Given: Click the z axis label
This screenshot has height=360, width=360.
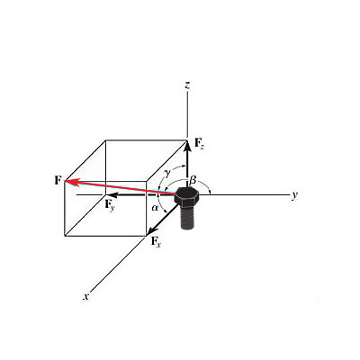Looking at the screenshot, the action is pyautogui.click(x=187, y=85).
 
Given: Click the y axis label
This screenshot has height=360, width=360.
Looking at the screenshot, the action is pyautogui.click(x=295, y=195).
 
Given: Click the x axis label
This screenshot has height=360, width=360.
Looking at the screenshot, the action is pyautogui.click(x=86, y=297).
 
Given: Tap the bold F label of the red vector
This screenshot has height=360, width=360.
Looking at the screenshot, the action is pyautogui.click(x=58, y=181).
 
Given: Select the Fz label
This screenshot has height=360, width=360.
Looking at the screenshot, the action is pyautogui.click(x=200, y=143).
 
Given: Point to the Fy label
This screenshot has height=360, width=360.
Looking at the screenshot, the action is pyautogui.click(x=110, y=205).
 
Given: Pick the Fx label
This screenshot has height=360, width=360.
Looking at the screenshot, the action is pyautogui.click(x=156, y=241).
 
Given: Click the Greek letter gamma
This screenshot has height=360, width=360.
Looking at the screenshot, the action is pyautogui.click(x=167, y=173).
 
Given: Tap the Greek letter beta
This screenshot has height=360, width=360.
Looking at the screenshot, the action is pyautogui.click(x=193, y=180).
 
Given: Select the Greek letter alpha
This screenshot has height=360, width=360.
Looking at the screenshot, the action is pyautogui.click(x=155, y=208).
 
